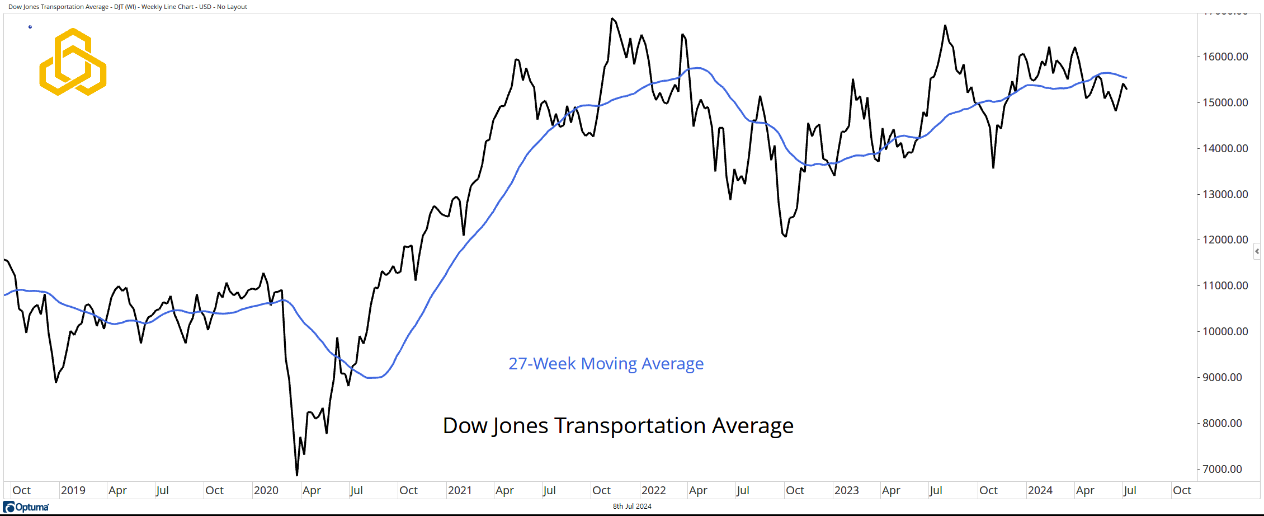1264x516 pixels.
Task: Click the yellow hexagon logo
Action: click(73, 62)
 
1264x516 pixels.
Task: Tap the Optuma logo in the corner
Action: click(26, 507)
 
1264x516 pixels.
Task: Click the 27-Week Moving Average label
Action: click(606, 364)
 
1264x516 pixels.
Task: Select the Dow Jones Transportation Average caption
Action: click(618, 426)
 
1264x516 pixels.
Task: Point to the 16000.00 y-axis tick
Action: click(1225, 57)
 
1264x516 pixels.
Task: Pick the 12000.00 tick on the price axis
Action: click(1225, 240)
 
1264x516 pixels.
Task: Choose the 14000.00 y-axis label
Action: click(1225, 148)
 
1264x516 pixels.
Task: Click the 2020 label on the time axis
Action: click(266, 491)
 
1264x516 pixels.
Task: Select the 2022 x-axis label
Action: click(653, 491)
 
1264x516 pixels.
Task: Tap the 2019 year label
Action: click(73, 491)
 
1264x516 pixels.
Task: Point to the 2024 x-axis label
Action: click(1040, 491)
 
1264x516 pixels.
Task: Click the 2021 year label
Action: click(460, 491)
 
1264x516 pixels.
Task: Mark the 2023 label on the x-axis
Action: click(846, 491)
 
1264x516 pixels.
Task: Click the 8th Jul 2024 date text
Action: click(632, 506)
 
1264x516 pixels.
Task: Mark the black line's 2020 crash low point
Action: click(297, 475)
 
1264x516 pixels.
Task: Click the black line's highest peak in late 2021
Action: click(612, 18)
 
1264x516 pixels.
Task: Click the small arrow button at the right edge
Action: click(1257, 251)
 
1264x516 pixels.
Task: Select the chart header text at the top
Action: click(128, 7)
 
